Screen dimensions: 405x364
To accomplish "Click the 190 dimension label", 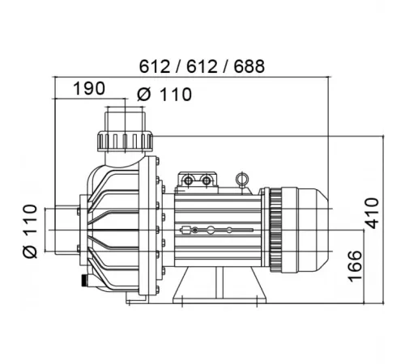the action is (89, 88).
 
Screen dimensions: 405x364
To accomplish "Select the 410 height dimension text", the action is (372, 214).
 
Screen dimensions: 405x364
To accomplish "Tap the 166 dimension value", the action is (355, 266).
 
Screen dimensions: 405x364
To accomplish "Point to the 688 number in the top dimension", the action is (249, 66).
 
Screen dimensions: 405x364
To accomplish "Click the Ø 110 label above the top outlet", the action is (164, 95).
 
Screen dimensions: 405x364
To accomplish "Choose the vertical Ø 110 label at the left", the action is (30, 231).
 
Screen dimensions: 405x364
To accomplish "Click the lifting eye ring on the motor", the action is (241, 178).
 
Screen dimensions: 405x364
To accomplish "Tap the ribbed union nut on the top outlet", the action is (125, 141).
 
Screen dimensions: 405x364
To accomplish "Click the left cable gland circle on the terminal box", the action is (187, 180).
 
